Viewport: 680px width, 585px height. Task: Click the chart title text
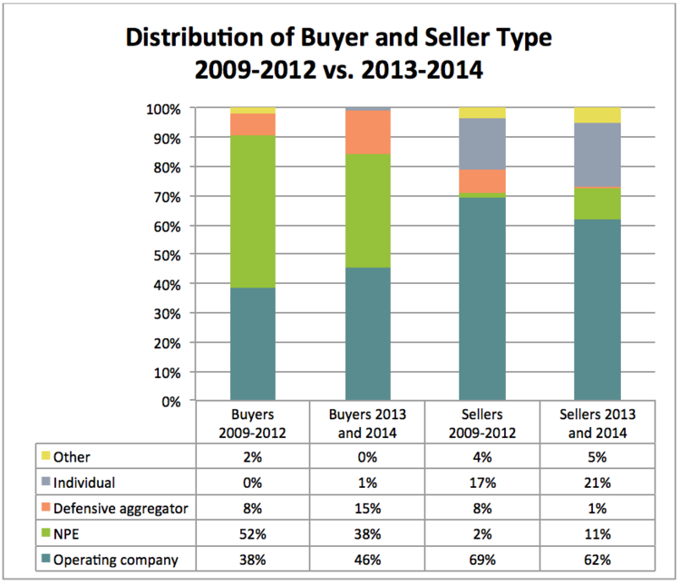(338, 54)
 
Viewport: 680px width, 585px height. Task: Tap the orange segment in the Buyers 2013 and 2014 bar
(367, 132)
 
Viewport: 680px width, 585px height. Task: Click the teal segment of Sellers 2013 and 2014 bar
(597, 309)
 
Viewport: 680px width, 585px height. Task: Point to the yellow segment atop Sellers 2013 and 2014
(597, 115)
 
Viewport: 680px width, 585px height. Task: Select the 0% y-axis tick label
(170, 401)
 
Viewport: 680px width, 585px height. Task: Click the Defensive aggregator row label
(121, 508)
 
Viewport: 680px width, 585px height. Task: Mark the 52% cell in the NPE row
(253, 534)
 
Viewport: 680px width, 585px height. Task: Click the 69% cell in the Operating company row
(482, 560)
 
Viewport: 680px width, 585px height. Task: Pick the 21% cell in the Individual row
(597, 483)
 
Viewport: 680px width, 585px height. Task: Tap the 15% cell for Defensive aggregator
(367, 508)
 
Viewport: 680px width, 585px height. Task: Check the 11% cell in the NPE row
(597, 534)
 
